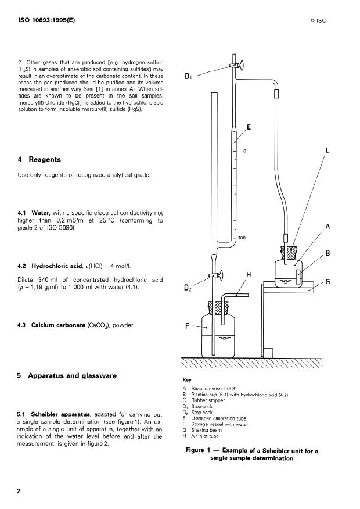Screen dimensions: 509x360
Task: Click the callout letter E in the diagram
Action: click(249, 127)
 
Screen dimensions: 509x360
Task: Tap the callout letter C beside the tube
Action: click(328, 151)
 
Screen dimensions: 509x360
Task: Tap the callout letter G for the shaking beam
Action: click(328, 282)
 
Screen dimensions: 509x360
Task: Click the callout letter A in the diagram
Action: click(328, 227)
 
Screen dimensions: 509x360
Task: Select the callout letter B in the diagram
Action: click(328, 253)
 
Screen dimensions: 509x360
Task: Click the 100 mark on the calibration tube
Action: click(243, 238)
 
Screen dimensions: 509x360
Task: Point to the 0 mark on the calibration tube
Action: click(244, 151)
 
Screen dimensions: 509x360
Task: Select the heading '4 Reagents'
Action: click(39, 159)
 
